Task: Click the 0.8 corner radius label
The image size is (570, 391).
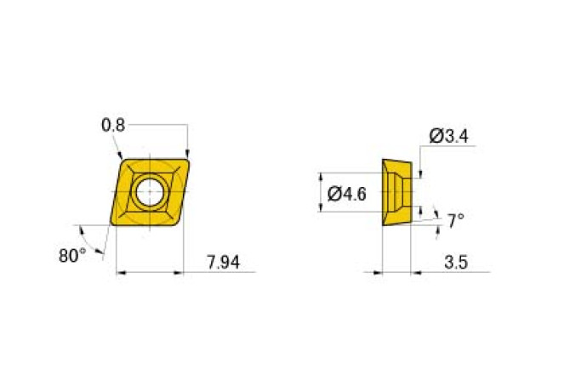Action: [x=113, y=125]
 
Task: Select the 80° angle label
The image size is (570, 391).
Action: [x=72, y=254]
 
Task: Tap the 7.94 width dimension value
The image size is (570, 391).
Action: [x=224, y=263]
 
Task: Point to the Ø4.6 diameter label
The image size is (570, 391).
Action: [x=346, y=194]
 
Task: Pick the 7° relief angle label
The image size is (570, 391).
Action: [x=456, y=222]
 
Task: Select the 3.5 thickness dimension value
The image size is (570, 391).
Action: [x=455, y=263]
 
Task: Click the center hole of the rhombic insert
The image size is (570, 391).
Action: [x=150, y=192]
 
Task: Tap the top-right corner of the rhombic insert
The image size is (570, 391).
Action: [x=186, y=158]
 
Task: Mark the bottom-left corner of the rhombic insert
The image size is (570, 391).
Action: [x=114, y=225]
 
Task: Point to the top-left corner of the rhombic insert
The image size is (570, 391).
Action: [x=124, y=158]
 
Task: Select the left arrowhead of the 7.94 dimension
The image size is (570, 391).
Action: [x=119, y=273]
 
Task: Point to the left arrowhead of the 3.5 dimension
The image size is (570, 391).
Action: [x=378, y=273]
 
